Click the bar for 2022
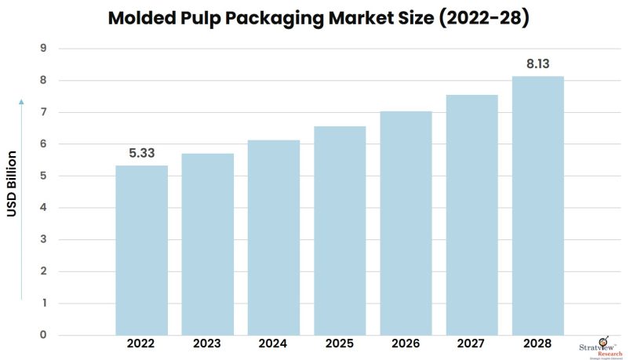[141, 250]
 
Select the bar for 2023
[207, 244]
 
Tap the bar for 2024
[274, 238]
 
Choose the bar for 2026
[406, 223]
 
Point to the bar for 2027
[472, 215]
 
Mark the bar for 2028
[537, 205]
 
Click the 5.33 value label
[141, 153]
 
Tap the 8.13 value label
[537, 64]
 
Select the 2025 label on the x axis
[340, 344]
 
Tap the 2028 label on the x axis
[537, 344]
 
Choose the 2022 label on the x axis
[141, 344]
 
